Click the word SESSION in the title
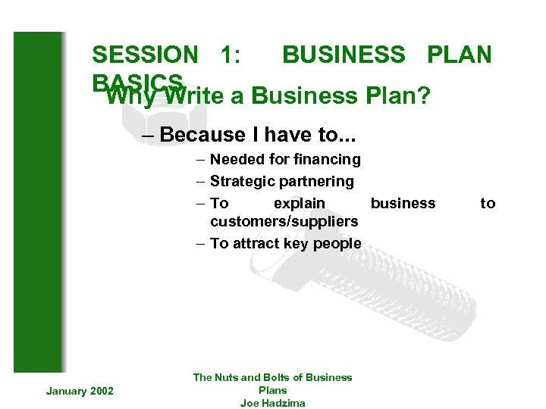[x=144, y=55]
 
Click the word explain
[x=299, y=203]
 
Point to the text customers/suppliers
[x=284, y=221]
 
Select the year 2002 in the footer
[x=101, y=391]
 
